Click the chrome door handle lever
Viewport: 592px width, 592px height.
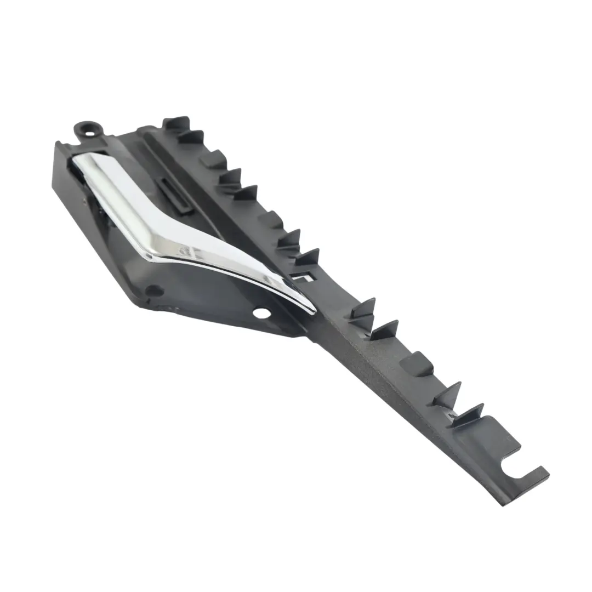pos(181,219)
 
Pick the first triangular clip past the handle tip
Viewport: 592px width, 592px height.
pos(362,310)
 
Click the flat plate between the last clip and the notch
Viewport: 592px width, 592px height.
pos(488,439)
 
